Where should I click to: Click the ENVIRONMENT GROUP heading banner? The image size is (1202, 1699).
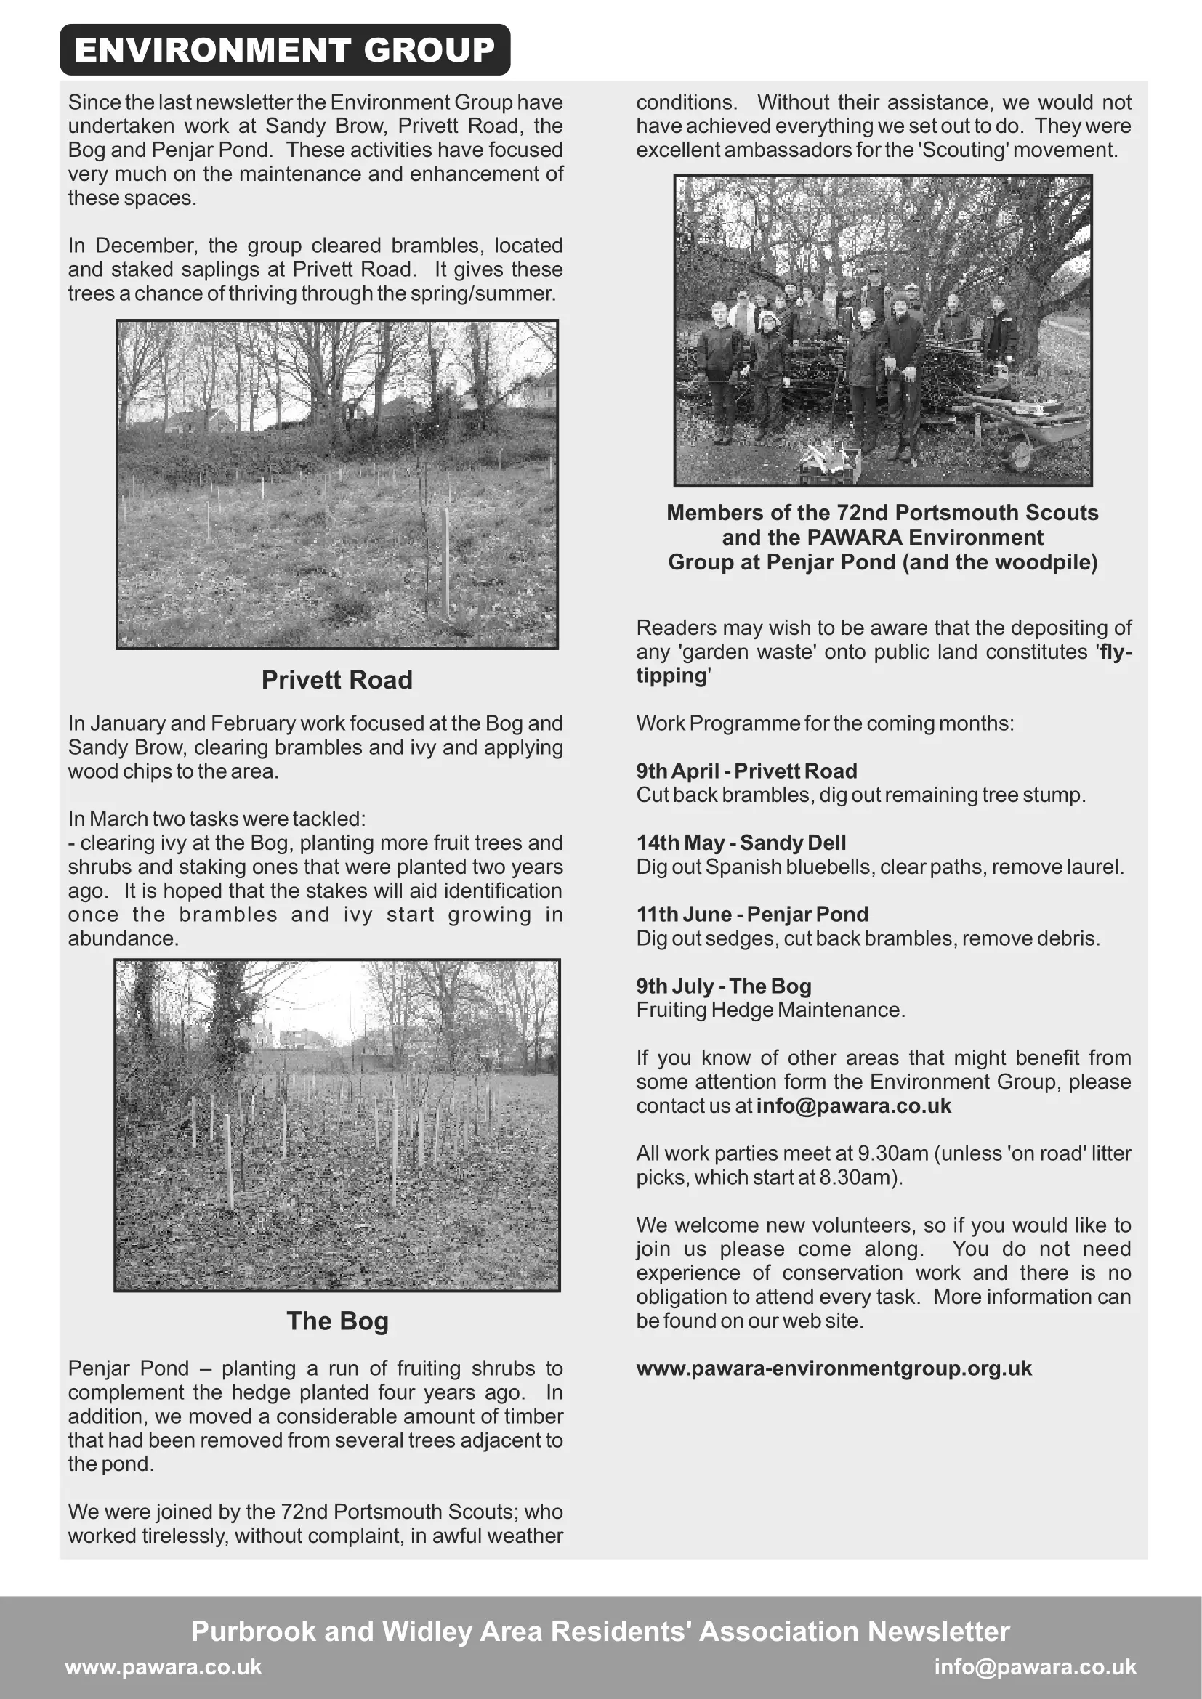(x=285, y=50)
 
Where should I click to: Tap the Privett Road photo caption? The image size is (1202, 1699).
(x=336, y=680)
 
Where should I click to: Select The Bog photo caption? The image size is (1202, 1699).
(x=337, y=1321)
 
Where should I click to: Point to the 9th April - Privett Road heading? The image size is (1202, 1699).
(x=746, y=771)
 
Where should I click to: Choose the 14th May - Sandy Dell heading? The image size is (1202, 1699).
(x=741, y=843)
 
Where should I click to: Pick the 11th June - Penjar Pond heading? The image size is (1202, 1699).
(x=752, y=915)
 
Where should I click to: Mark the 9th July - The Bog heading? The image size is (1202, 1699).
(x=723, y=986)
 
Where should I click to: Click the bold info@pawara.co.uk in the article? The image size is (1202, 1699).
(x=853, y=1106)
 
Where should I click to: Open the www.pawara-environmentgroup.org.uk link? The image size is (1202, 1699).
(x=834, y=1368)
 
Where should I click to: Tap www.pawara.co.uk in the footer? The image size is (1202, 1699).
(x=164, y=1666)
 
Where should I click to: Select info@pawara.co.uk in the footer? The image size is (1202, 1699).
(x=1035, y=1666)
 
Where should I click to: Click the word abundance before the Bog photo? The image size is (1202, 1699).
(x=123, y=938)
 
